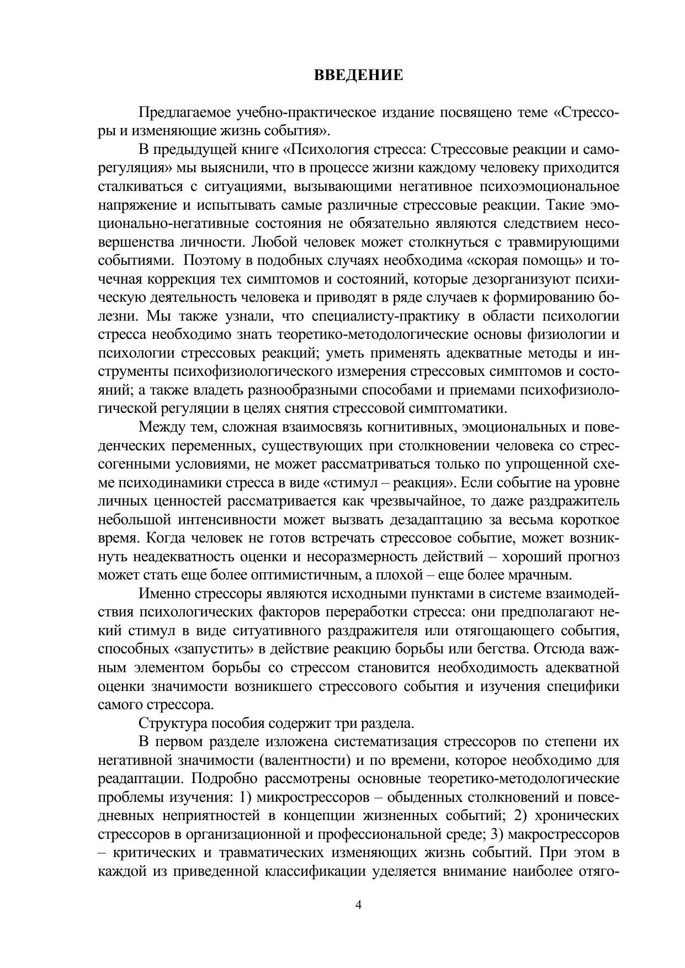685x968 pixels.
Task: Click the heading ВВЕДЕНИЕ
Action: coord(358,75)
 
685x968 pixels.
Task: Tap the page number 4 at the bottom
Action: coord(358,905)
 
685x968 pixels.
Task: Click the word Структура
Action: coord(168,724)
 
